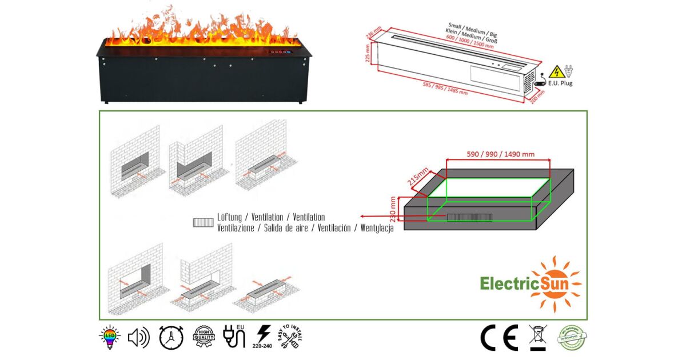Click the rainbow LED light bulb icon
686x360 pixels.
[109, 338]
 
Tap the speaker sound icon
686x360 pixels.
[138, 338]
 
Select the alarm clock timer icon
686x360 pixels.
[170, 338]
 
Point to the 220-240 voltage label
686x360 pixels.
[263, 345]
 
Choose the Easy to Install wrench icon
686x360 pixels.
[290, 337]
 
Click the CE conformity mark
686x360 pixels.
[499, 338]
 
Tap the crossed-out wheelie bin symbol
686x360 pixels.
[538, 337]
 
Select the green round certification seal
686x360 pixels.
[572, 338]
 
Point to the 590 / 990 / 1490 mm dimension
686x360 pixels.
[497, 154]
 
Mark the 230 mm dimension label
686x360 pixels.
[393, 210]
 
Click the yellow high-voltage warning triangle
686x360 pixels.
[555, 72]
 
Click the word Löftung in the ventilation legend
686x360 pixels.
[230, 218]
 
